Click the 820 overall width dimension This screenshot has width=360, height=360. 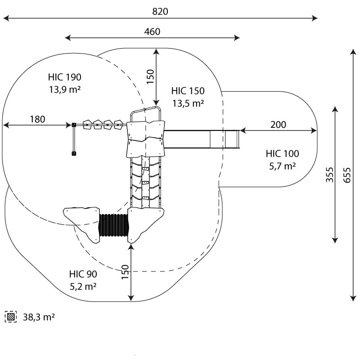[160, 12]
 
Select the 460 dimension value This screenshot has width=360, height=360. [152, 31]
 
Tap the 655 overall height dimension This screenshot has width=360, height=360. [346, 173]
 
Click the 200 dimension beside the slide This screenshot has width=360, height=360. [279, 125]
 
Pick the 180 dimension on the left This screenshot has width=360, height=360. [37, 119]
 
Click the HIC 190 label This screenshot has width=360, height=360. [65, 77]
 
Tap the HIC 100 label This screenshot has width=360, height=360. [282, 154]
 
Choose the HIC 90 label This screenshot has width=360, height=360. [83, 274]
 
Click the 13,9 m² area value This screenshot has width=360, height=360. [65, 89]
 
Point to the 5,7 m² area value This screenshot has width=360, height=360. [282, 166]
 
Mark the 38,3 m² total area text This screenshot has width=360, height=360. [39, 317]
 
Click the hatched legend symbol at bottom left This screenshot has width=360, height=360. [10, 317]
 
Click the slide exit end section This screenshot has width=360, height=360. [230, 139]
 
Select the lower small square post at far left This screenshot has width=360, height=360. [74, 154]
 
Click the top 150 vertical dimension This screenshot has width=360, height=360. [150, 76]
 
